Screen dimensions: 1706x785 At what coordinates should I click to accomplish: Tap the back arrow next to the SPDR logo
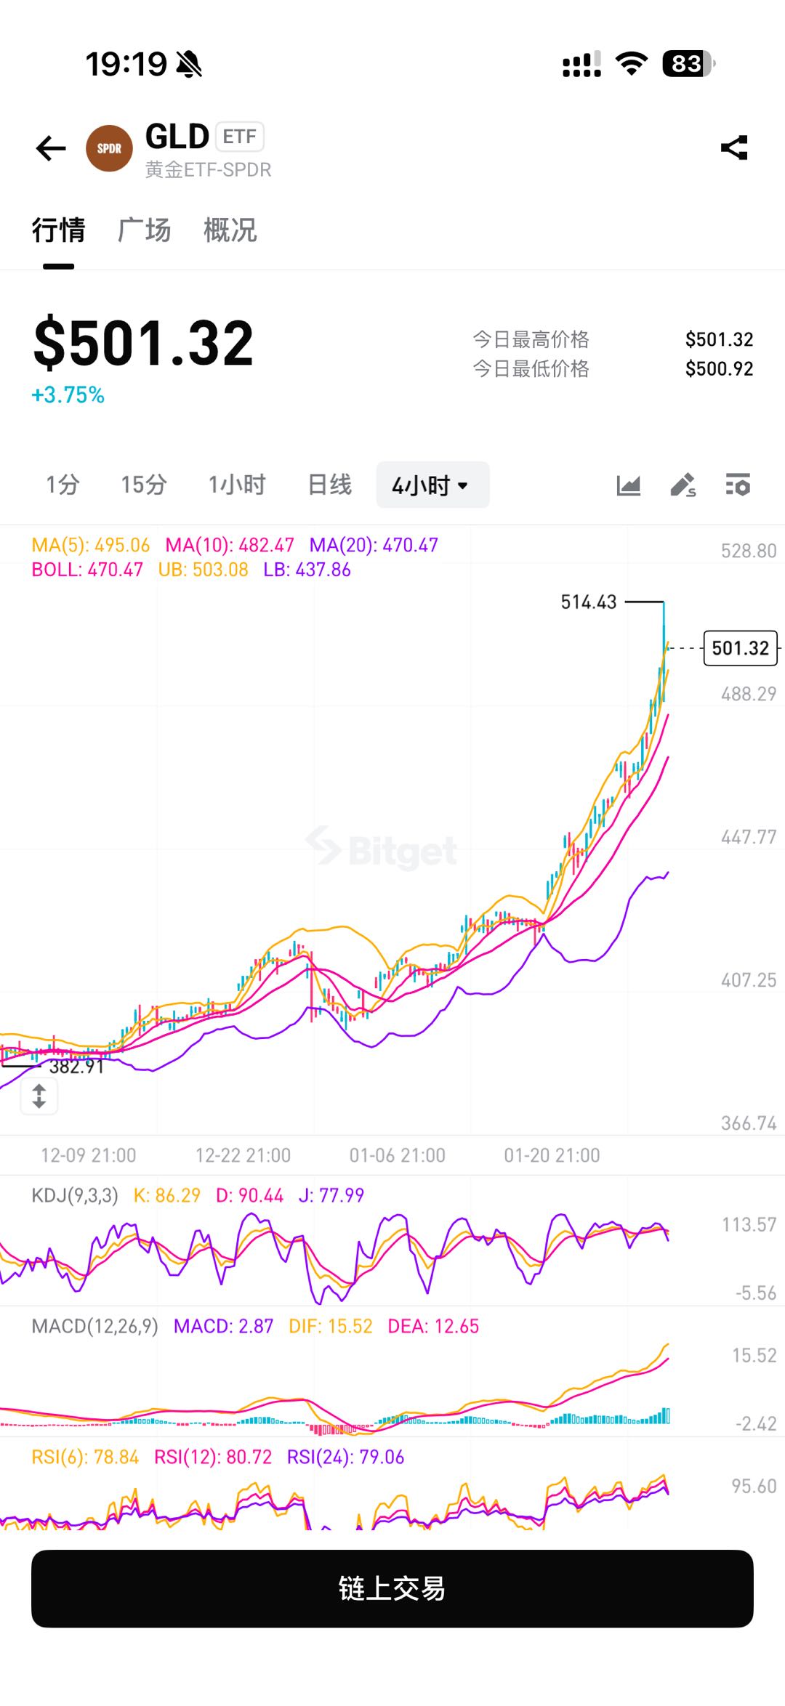coord(51,148)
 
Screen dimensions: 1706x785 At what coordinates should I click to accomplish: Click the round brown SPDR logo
coord(109,148)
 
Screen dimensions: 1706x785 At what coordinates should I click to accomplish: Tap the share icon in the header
coord(734,147)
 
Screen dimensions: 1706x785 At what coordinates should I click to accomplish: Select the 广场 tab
coord(144,230)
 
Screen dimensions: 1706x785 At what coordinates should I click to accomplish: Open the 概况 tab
coord(230,230)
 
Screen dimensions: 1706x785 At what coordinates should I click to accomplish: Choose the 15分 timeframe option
coord(144,485)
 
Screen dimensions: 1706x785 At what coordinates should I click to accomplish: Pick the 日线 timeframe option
coord(329,485)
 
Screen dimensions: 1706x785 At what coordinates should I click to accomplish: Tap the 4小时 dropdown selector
coord(432,485)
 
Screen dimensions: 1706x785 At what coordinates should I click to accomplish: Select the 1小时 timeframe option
coord(237,485)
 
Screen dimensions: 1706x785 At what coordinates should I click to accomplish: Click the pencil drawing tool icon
coord(683,485)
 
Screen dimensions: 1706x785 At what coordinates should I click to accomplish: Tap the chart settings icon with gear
coord(738,485)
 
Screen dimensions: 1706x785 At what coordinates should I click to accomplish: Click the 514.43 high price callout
coord(589,602)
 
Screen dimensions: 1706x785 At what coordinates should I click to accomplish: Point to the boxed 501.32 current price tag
coord(740,648)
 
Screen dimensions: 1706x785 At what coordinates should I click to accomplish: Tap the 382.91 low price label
coord(76,1067)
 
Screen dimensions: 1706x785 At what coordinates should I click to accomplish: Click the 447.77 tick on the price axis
coord(749,838)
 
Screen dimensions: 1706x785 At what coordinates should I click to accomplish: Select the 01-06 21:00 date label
coord(397,1155)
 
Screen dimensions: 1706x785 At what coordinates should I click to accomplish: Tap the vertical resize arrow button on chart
coord(39,1096)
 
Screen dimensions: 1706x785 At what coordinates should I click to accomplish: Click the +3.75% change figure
coord(68,395)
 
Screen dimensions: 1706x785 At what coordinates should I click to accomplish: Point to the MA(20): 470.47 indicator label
coord(374,546)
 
